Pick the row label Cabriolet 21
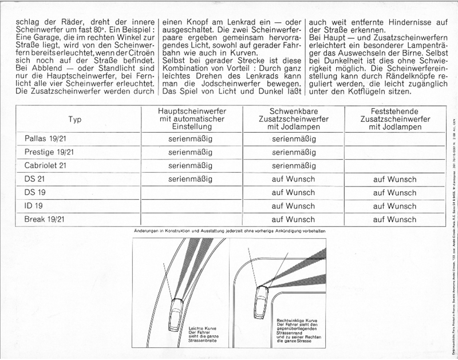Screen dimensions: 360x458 pos(46,166)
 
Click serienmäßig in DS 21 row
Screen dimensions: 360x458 pos(191,179)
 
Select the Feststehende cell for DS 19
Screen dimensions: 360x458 pos(394,193)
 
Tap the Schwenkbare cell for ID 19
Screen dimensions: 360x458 pos(293,206)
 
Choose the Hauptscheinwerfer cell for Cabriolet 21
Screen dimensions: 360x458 pos(191,166)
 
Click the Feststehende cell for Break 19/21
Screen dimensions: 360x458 pos(394,219)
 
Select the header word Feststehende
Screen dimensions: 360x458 pos(394,110)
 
